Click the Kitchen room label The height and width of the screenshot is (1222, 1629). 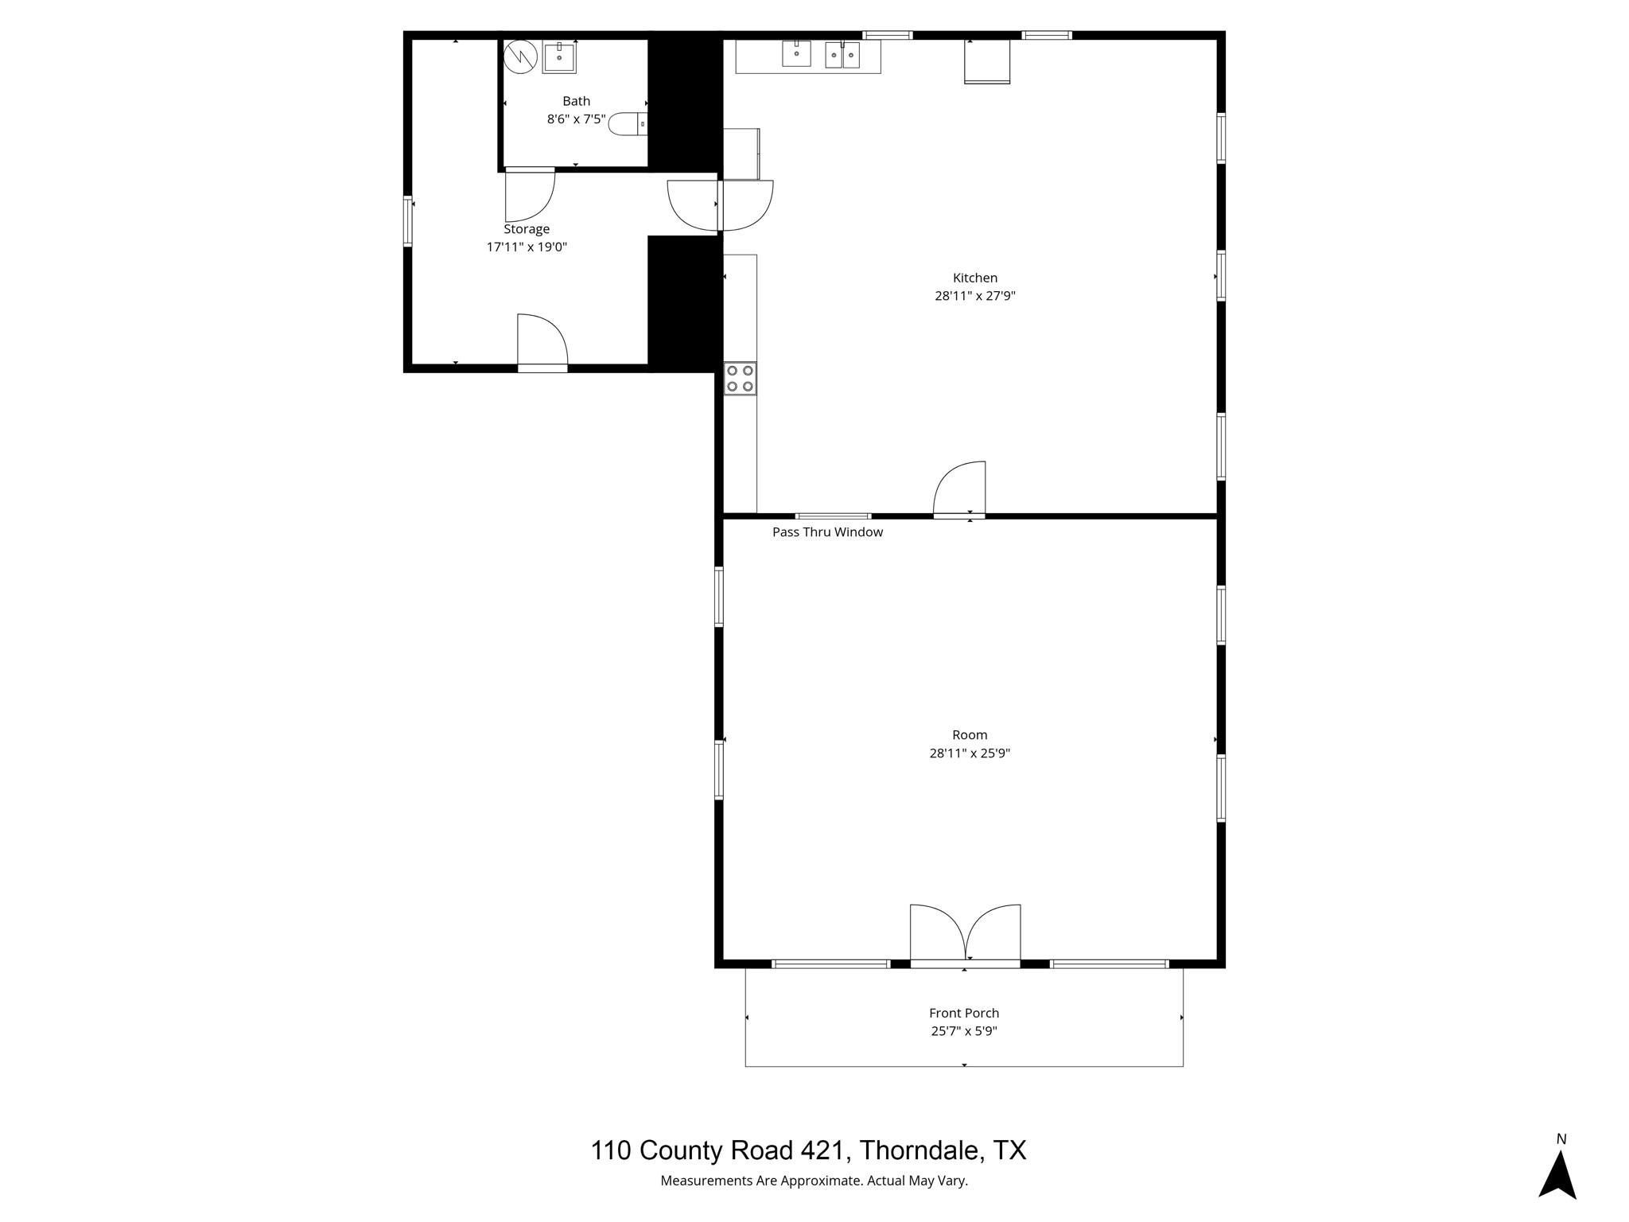point(974,278)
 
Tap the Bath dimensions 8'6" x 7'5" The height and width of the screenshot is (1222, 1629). point(576,119)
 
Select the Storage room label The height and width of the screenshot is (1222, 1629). point(526,229)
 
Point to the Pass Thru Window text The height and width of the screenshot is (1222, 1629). point(827,532)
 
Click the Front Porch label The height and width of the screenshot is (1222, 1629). point(963,1013)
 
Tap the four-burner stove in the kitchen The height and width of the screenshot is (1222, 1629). point(740,379)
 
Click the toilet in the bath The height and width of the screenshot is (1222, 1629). point(628,124)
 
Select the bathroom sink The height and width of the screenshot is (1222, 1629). point(559,58)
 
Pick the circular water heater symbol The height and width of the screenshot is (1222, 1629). point(521,57)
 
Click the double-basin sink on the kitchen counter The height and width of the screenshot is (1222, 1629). point(842,55)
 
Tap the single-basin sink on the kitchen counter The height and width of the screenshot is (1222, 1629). point(796,53)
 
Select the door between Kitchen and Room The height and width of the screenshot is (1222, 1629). point(960,489)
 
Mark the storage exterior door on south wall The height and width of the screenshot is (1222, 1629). point(542,342)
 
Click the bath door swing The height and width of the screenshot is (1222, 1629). point(529,195)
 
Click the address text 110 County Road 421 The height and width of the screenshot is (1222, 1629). point(808,1150)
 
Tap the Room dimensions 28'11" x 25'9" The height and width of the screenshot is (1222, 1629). point(970,753)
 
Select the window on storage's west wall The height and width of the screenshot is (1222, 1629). point(407,221)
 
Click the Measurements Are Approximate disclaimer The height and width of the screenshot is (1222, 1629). point(814,1181)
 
